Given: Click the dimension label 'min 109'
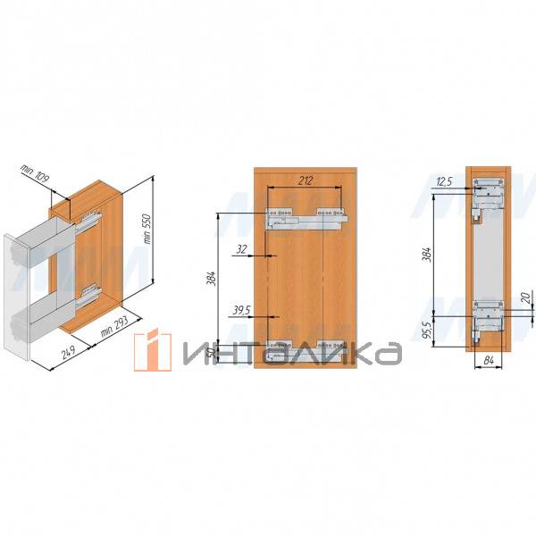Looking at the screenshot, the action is (35, 173).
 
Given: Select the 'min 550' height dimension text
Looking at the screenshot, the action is (147, 229).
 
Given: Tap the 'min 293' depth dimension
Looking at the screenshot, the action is (114, 326).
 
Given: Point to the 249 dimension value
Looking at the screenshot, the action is (70, 353).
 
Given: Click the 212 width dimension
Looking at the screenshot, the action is (305, 180).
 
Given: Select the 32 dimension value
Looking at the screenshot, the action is (241, 249).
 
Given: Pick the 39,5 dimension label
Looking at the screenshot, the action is (242, 310).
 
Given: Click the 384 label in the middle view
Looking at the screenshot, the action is (211, 279).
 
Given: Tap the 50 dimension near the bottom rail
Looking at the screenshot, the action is (213, 352).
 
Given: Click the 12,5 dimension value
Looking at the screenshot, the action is (444, 181).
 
